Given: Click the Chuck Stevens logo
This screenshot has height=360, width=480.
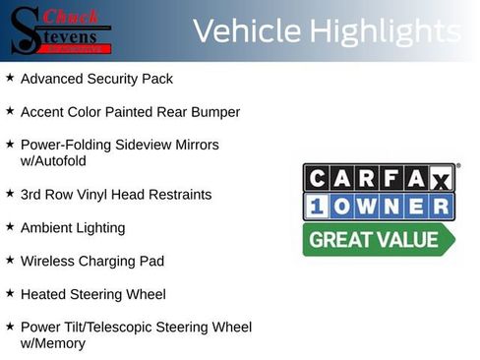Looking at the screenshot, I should tap(60, 30).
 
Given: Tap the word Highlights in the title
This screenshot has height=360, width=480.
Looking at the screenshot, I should tap(384, 31).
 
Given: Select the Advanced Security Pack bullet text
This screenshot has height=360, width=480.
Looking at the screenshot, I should tap(96, 79).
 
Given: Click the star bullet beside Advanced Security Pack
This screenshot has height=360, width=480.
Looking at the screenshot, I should tap(10, 77).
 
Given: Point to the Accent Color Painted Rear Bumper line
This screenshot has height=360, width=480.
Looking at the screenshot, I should tap(130, 112).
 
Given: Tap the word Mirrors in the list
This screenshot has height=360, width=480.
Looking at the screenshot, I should tap(195, 145).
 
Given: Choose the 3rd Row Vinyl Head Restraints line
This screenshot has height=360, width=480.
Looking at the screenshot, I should tap(116, 195).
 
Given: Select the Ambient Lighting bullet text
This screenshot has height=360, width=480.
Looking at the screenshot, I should tap(73, 228).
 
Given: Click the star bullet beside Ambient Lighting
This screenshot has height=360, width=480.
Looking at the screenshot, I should tap(10, 226).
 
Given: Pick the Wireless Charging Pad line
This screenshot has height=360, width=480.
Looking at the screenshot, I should tap(92, 262).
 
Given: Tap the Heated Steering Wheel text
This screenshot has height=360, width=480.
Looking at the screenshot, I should tap(93, 294).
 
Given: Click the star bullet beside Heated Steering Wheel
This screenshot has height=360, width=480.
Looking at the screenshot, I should tap(10, 292).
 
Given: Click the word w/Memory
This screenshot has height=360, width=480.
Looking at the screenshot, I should tap(53, 343).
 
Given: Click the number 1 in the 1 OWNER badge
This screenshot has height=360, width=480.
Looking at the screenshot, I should tap(321, 207).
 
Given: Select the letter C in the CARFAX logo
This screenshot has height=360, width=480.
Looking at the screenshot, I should tap(320, 178).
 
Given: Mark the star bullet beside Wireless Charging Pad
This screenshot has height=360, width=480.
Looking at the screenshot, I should tap(10, 260).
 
